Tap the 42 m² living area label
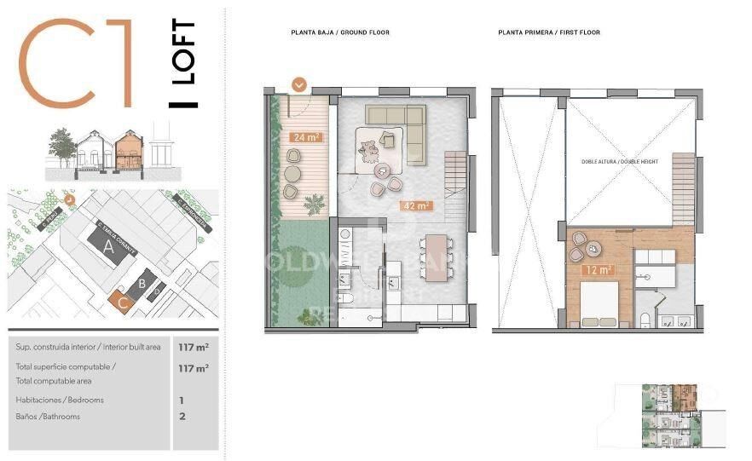[x=416, y=205]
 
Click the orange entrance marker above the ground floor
[x=299, y=84]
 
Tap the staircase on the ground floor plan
[x=458, y=183]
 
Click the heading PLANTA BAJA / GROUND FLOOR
[x=340, y=32]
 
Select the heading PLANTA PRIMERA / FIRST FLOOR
[x=549, y=32]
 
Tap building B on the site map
[x=143, y=283]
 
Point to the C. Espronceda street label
[x=189, y=214]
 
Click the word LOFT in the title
[x=183, y=52]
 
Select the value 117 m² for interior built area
[x=194, y=347]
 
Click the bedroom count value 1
[x=181, y=400]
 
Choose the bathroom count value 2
[x=181, y=417]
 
